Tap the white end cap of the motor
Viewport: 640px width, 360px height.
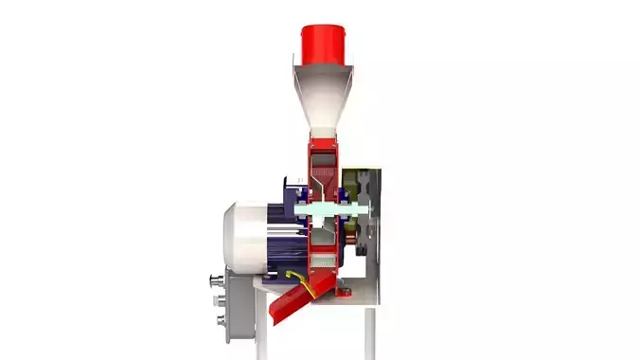pyautogui.click(x=242, y=237)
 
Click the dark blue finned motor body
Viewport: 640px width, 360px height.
pyautogui.click(x=284, y=242)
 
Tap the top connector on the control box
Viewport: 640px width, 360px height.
pyautogui.click(x=215, y=280)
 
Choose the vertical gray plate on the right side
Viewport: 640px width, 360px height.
pyautogui.click(x=376, y=227)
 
